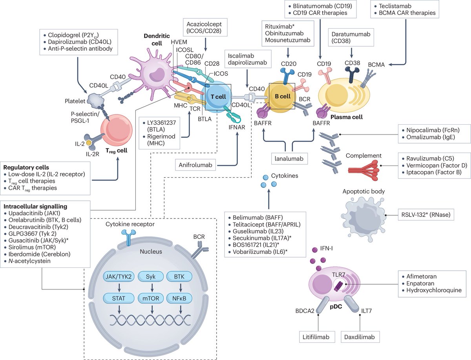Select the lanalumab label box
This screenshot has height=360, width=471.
coord(288,158)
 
